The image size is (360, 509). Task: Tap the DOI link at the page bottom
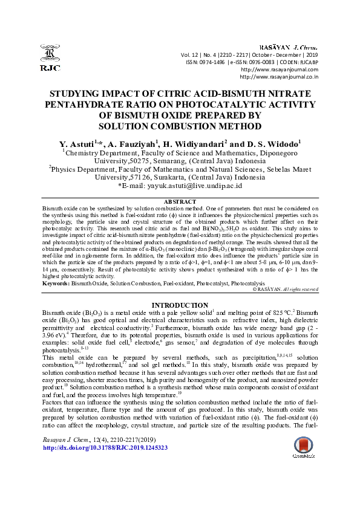[105, 465]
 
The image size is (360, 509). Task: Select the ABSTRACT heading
[180, 201]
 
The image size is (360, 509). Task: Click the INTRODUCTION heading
[180, 305]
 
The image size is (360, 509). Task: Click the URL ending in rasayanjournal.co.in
[280, 77]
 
